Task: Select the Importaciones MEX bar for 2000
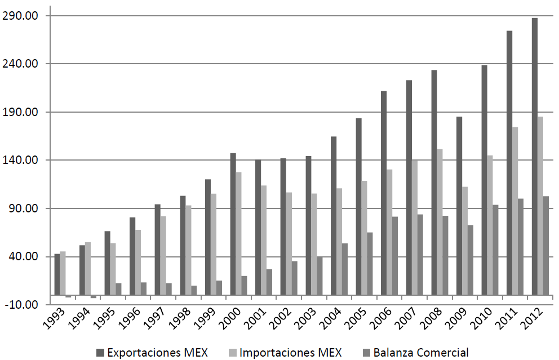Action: click(238, 233)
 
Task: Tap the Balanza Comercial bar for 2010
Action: click(495, 250)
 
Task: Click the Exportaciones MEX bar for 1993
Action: click(57, 274)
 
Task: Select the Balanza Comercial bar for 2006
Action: click(395, 256)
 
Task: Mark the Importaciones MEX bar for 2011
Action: click(515, 211)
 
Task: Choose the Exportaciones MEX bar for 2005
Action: click(358, 206)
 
